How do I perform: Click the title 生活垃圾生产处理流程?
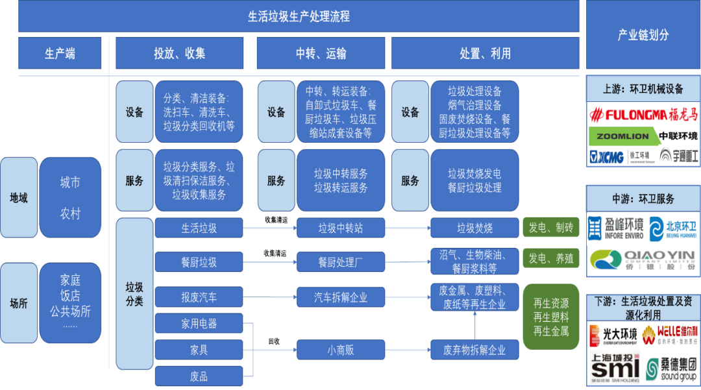tap(299, 16)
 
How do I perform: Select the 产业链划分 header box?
tap(643, 35)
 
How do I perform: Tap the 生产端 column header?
tap(60, 53)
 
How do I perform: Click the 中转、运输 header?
tap(321, 53)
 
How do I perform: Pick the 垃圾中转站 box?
tap(341, 228)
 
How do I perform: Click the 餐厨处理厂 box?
tap(341, 262)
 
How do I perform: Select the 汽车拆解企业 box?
tap(341, 297)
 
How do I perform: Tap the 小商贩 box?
tap(341, 350)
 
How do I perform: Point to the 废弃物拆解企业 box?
tap(474, 350)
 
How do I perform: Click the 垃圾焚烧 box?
tap(474, 228)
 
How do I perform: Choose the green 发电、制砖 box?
tap(551, 228)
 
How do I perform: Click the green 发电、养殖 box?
tap(551, 258)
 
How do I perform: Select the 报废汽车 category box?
tap(199, 297)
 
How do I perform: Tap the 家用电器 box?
tap(199, 323)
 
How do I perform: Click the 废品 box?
tap(199, 376)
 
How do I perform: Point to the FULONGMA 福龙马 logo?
tap(643, 116)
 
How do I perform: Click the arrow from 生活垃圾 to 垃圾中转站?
tap(269, 228)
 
